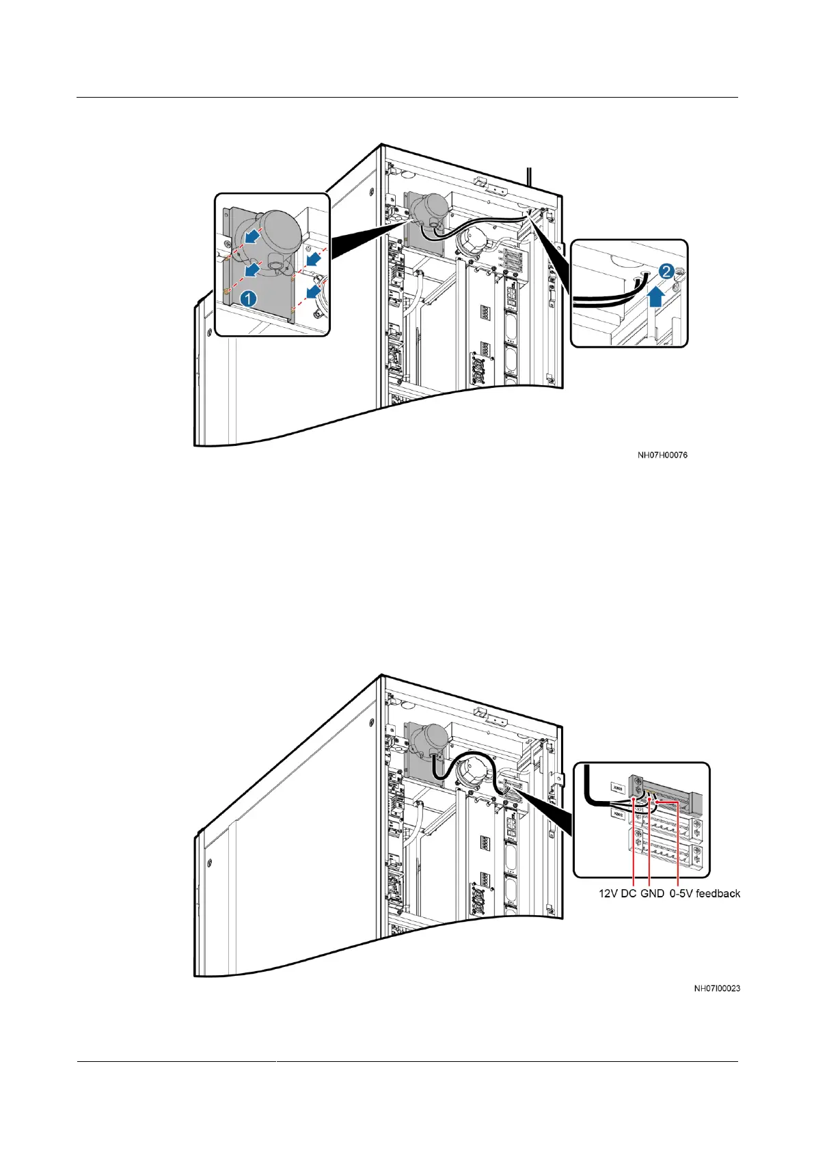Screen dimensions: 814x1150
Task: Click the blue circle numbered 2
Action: [x=665, y=272]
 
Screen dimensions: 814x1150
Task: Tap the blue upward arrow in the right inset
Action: [x=655, y=297]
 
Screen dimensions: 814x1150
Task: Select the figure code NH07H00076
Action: [x=662, y=455]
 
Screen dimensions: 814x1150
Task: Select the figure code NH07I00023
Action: [x=717, y=988]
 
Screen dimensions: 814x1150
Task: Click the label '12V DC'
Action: [x=617, y=893]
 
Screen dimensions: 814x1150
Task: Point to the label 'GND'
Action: [x=652, y=893]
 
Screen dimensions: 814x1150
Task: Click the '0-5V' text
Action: [x=680, y=893]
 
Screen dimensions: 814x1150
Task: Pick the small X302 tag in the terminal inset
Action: [x=618, y=815]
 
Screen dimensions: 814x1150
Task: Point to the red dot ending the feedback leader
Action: [x=657, y=793]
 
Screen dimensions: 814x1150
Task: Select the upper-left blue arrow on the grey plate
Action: [x=252, y=236]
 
